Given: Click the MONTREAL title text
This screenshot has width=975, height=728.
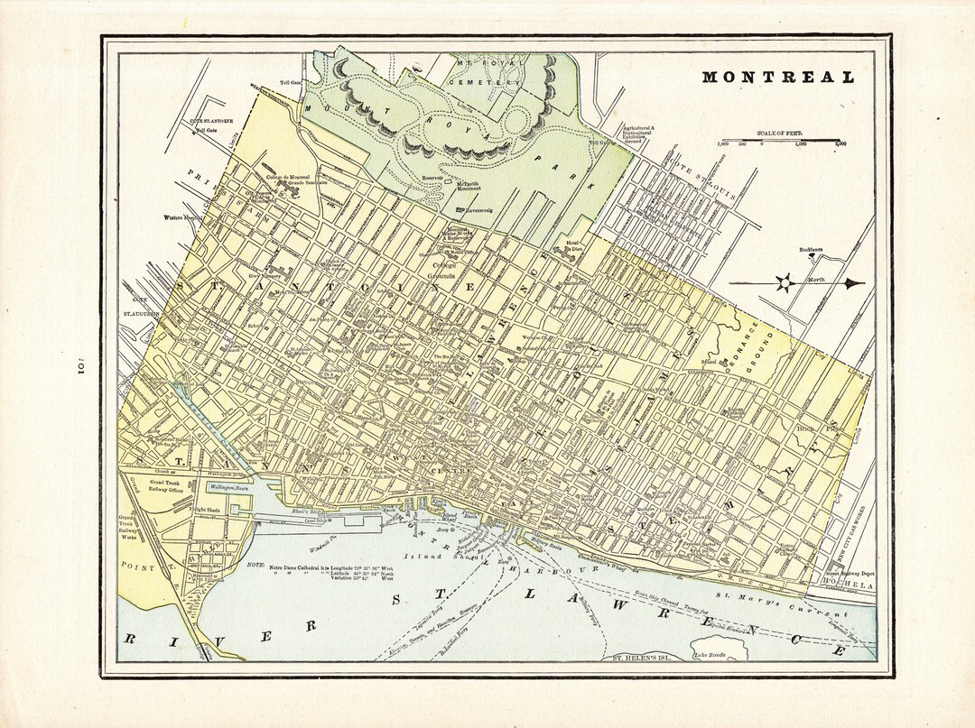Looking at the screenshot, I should [778, 78].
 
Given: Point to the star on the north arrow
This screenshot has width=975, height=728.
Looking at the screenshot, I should [785, 283].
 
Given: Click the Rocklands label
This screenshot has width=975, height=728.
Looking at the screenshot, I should [812, 250].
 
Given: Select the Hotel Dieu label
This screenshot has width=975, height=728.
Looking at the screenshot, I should [574, 244].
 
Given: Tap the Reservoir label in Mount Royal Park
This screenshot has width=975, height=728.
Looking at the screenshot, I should [433, 178].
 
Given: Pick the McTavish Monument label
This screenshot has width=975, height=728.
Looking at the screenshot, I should [468, 187].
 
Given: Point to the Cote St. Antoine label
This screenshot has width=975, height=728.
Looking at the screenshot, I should [211, 121].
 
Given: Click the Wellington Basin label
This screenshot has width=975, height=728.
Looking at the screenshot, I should [230, 487].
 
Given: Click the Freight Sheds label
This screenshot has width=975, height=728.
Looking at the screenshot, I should [206, 510].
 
